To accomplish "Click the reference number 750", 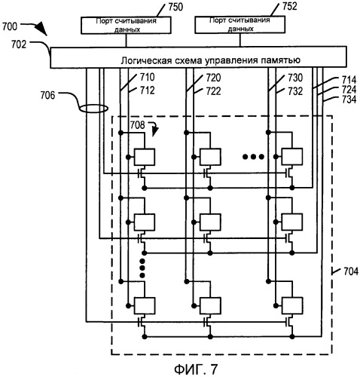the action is pos(175,7).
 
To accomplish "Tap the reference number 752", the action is pos(290,6).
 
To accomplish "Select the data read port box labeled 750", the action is pos(126,25).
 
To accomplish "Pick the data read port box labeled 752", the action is pos(240,25).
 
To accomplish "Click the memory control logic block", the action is pos(199,57).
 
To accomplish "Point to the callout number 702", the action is pos(19,44).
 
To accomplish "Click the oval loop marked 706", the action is pos(93,109).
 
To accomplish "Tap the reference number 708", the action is pos(137,125).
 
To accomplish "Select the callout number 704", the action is pos(351,271).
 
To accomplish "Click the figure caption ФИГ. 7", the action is pos(196,369).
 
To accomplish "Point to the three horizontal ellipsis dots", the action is pos(253,157).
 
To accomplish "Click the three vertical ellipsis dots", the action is pos(142,268).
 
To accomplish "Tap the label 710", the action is pos(148,77).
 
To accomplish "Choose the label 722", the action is pos(213,91).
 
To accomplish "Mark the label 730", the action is pos(295,78).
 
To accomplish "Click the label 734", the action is pos(349,100).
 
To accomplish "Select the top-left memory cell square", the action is pos(145,157).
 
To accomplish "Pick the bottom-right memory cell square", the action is pos(291,305).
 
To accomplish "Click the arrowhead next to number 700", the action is pos(41,29).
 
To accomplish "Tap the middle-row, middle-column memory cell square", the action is pos(210,222).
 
